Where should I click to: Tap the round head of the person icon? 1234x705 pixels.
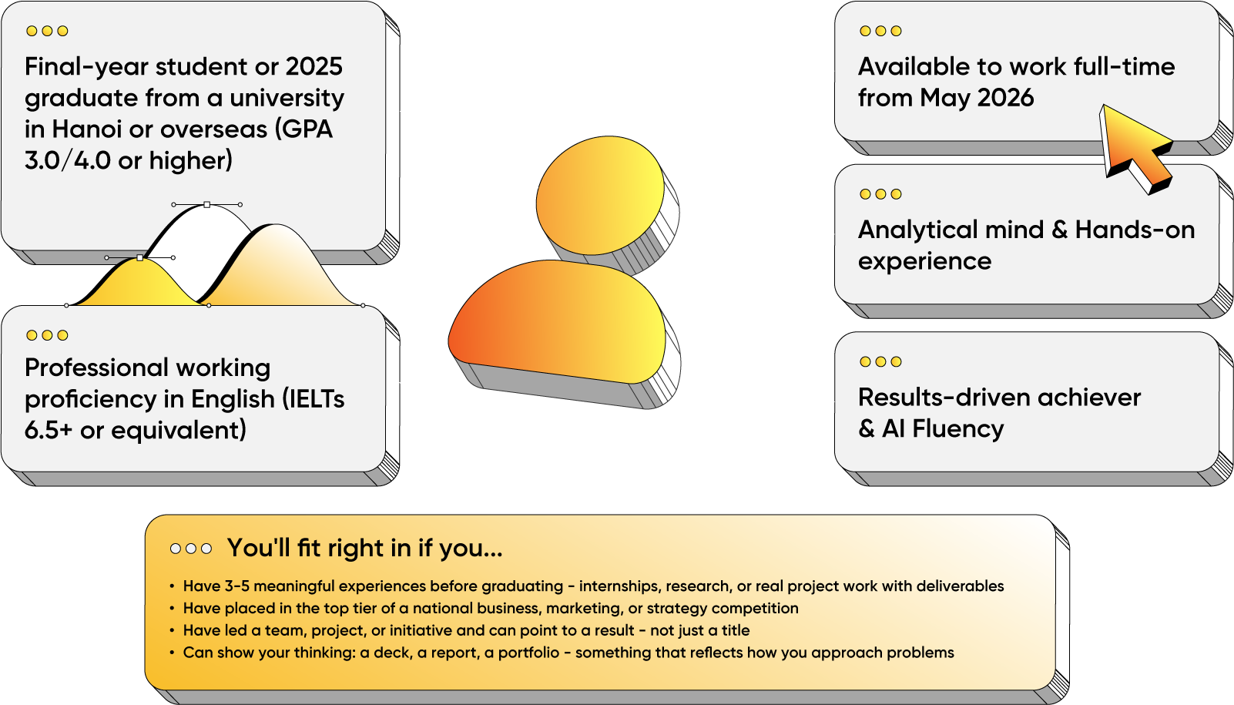tap(601, 196)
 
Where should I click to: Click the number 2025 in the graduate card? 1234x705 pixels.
tap(314, 67)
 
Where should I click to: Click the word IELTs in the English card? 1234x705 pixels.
tap(313, 399)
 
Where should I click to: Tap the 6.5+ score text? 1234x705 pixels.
tap(49, 431)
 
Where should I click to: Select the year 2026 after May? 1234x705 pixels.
tap(1005, 98)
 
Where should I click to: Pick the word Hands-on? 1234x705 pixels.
tap(1135, 230)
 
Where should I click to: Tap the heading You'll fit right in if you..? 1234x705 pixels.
tap(364, 548)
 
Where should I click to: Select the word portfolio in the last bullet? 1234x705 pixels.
tap(529, 653)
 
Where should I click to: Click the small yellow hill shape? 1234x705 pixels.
tap(138, 284)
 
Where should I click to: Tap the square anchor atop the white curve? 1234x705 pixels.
tap(206, 204)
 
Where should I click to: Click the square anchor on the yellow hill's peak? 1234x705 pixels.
tap(140, 257)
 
